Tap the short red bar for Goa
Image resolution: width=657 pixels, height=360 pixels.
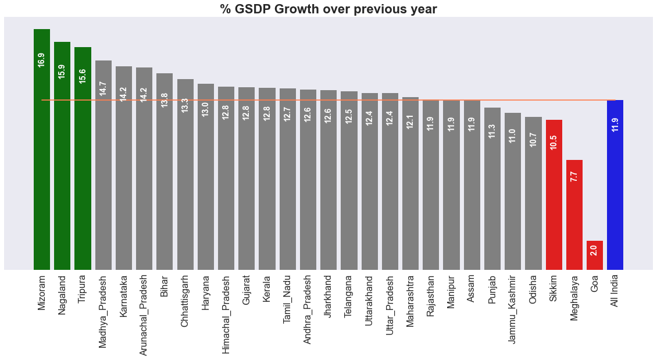point(594,256)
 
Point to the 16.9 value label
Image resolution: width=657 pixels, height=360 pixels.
point(41,60)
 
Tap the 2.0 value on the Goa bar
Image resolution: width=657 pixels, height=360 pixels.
point(594,250)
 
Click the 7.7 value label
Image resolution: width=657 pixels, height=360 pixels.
point(574,177)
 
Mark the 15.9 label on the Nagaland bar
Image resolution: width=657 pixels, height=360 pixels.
point(62,72)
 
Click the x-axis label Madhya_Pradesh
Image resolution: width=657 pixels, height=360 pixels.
point(103,311)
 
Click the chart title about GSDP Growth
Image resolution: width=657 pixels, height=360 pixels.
point(328,9)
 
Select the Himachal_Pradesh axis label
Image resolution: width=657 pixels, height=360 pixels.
point(226,314)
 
